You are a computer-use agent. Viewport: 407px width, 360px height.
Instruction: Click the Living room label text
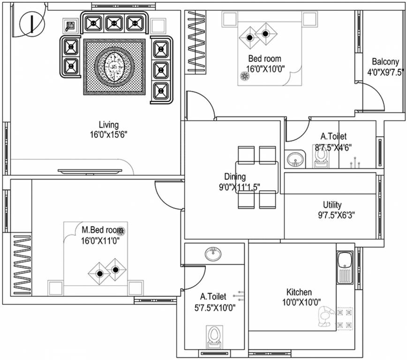[108, 125]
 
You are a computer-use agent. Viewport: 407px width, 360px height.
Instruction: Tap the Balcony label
[385, 61]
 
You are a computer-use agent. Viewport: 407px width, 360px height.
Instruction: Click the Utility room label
[332, 205]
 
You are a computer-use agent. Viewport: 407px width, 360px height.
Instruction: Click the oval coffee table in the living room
[114, 67]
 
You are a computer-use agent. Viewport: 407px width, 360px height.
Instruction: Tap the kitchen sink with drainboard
[344, 267]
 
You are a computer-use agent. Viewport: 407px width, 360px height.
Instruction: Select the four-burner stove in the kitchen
[345, 318]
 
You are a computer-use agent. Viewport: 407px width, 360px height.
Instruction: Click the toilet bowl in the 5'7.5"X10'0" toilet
[214, 337]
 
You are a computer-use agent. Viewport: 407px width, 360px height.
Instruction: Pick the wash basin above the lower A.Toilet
[214, 254]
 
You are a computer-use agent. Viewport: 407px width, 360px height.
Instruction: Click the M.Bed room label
[103, 231]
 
